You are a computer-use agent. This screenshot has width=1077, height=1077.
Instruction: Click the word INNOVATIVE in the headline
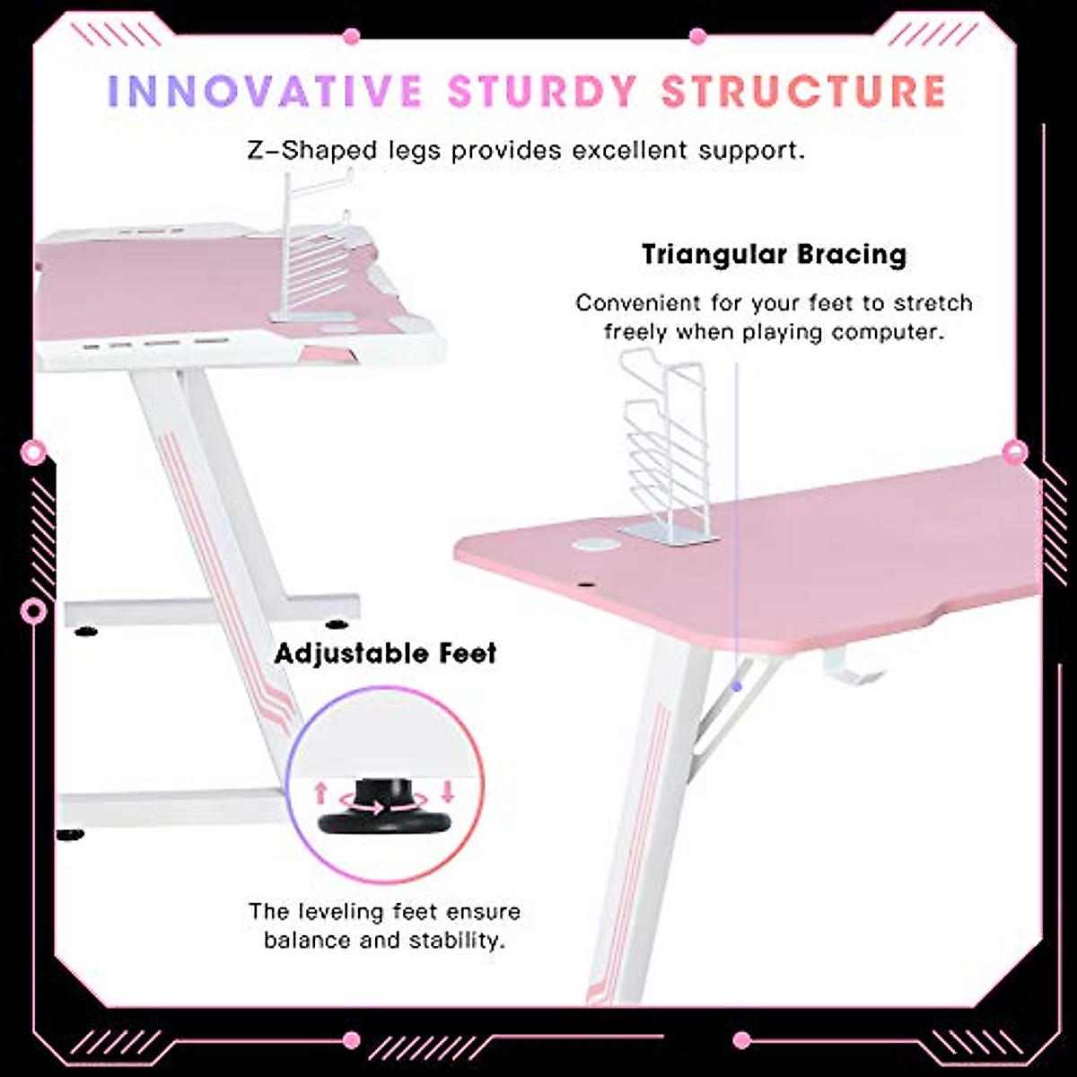265,92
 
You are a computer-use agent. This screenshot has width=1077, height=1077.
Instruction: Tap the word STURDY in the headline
542,92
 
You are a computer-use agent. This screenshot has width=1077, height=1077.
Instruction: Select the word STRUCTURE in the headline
803,92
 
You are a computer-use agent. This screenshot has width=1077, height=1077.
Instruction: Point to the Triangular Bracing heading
774,254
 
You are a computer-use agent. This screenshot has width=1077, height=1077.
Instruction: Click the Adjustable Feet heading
385,652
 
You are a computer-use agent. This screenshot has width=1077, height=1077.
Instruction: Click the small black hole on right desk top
590,588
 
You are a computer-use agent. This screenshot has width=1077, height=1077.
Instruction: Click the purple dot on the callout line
736,686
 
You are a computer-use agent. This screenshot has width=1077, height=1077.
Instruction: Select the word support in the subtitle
756,150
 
